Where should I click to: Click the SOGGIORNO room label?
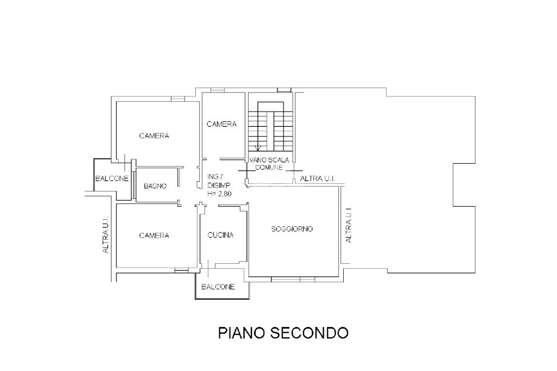coord(292,229)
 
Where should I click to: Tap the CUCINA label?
coord(220,235)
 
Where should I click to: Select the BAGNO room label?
coord(155,186)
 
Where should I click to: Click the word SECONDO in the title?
coord(310,333)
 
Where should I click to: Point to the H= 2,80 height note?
coord(220,194)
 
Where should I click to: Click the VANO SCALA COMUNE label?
coord(269,163)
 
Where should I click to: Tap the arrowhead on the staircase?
coord(258,148)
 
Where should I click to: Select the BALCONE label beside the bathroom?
coord(112,178)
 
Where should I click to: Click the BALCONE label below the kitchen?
coord(218,287)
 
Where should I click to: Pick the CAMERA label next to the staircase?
coord(222,124)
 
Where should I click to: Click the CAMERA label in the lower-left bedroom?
coord(154,235)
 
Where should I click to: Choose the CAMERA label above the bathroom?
coord(154,136)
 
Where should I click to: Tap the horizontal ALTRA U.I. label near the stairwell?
coord(318,178)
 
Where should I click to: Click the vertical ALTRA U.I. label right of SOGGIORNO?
coord(349,225)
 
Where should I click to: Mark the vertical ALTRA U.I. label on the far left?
coord(106,235)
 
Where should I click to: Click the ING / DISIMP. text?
coord(220,181)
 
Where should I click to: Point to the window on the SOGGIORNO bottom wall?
coord(293,279)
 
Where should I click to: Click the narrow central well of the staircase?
coord(271,131)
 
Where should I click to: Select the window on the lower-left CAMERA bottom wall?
coord(182,270)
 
